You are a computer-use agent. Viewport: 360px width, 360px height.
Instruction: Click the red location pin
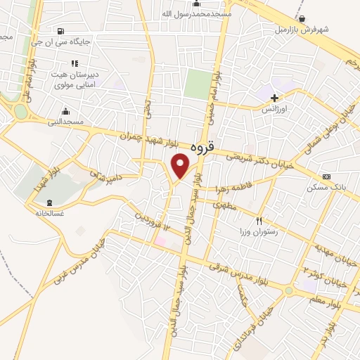click(181, 165)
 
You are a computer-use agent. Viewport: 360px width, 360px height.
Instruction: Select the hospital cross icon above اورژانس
click(274, 98)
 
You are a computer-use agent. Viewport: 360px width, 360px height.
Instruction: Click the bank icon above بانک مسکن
click(326, 176)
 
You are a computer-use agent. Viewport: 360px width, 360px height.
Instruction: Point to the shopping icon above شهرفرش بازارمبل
click(302, 19)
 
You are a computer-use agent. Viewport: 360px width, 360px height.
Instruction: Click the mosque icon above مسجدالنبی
click(65, 110)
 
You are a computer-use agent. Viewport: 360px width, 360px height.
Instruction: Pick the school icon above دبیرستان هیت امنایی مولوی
click(74, 63)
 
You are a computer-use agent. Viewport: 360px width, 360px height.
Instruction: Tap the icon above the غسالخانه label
click(49, 204)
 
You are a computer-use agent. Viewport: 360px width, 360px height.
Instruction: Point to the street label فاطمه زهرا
click(230, 184)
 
